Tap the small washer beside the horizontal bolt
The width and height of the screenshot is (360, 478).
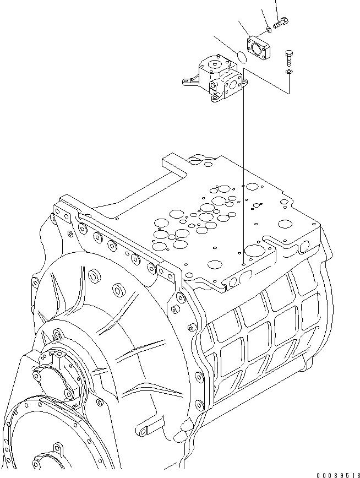268,28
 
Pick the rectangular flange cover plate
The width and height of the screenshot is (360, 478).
258,47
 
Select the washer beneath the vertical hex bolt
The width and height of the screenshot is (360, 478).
289,72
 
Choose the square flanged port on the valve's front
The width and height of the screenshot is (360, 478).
232,86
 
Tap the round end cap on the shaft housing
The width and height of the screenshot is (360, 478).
53,380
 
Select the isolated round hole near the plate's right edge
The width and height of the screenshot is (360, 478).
285,224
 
